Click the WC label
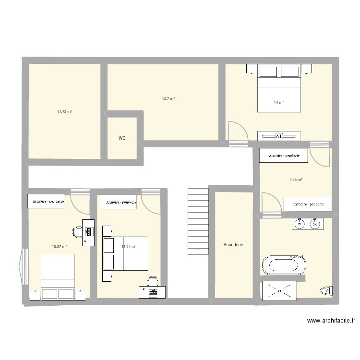pos(122,138)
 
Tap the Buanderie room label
pos(233,245)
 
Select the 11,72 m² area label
pos(64,111)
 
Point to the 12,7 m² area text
pos(168,98)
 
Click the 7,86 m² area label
pos(296,180)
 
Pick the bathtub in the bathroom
pos(284,265)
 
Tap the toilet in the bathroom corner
pos(325,291)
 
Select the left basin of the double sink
pos(300,224)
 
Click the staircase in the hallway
pos(198,221)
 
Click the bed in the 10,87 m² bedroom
pos(58,277)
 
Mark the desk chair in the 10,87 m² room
pos(77,232)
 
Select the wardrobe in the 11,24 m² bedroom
pos(119,202)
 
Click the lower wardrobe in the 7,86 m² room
pos(308,204)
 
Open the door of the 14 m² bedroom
pos(237,132)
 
